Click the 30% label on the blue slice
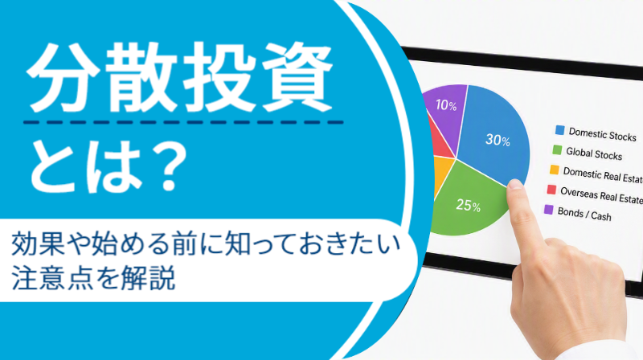[498, 140]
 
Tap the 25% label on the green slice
[469, 205]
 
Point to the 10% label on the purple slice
[446, 105]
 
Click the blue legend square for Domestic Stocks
[559, 130]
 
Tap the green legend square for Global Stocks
[557, 150]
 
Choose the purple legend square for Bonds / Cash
[549, 210]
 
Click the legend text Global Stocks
[594, 153]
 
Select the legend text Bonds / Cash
[584, 214]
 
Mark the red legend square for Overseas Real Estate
[551, 190]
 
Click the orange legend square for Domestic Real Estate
[555, 170]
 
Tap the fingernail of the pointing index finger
[514, 184]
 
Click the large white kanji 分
[63, 78]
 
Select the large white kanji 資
[297, 78]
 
